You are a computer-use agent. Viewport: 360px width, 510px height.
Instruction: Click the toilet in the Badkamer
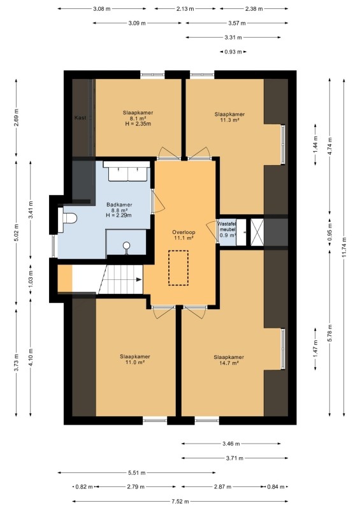[x=68, y=219]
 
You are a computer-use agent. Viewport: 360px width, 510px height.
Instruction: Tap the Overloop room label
[x=184, y=232]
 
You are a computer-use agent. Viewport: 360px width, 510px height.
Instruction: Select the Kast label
[x=80, y=117]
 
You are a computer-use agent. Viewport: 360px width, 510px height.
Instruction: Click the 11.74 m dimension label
[x=344, y=247]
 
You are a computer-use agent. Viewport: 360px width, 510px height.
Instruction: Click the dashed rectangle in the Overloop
[x=178, y=268]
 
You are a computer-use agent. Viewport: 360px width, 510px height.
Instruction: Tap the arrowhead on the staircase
[x=139, y=279]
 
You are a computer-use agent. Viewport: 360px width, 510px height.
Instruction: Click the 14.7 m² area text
[x=229, y=363]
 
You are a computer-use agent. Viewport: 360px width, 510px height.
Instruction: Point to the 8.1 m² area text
[x=138, y=119]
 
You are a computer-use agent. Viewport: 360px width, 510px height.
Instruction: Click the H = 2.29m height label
[x=119, y=215]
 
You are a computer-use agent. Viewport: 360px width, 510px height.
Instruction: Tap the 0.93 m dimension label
[x=233, y=52]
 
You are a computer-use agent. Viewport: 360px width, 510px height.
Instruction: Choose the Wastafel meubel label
[x=227, y=227]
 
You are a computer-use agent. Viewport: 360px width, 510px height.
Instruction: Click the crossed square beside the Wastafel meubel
[x=257, y=232]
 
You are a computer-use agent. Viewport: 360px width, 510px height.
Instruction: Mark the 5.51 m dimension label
[x=136, y=472]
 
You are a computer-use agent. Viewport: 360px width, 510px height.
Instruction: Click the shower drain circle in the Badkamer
[x=127, y=245]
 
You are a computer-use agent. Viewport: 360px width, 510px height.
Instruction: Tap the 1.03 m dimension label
[x=31, y=280]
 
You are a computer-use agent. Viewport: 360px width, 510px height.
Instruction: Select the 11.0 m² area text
[x=135, y=362]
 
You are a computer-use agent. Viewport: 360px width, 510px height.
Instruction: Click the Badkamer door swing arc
[x=159, y=202]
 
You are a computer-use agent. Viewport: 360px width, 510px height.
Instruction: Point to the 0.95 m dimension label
[x=330, y=232]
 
